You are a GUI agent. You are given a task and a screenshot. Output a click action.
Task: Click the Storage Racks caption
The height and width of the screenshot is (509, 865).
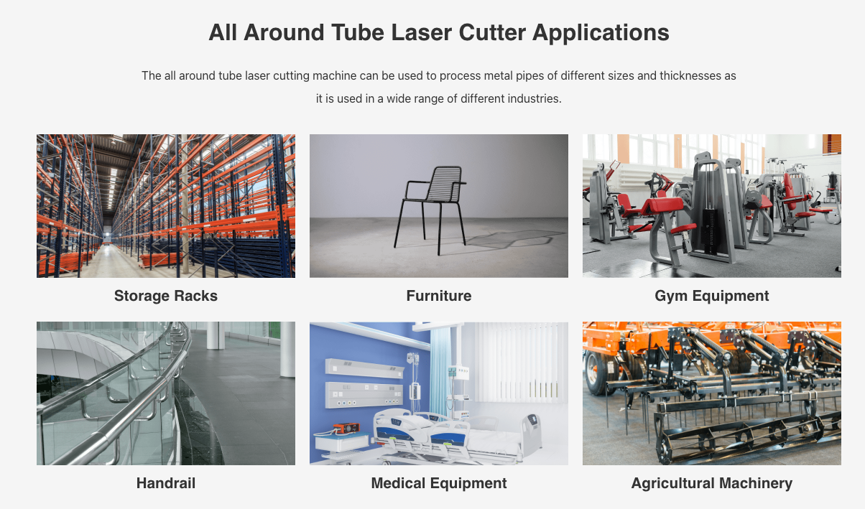click(166, 296)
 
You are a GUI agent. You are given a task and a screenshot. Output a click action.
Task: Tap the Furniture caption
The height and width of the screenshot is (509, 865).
click(439, 296)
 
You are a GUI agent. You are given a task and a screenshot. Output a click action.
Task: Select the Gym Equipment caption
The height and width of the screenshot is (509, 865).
click(712, 296)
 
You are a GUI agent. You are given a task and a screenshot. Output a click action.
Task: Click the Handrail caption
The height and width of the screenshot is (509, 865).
click(166, 483)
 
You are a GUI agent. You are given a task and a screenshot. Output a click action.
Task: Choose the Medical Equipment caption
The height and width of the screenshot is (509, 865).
click(439, 484)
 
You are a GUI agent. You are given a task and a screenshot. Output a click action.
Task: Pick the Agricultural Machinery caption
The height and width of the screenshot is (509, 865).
click(712, 484)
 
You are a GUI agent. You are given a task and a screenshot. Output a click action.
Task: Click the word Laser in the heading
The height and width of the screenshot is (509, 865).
click(421, 32)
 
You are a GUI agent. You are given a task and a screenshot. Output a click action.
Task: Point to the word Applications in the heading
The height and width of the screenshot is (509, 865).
click(601, 33)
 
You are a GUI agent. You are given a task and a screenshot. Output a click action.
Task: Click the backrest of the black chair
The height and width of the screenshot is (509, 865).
click(445, 184)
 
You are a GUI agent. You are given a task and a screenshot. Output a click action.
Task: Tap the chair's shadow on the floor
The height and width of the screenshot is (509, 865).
click(514, 239)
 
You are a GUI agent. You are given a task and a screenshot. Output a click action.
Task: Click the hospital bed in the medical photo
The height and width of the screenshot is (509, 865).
click(455, 434)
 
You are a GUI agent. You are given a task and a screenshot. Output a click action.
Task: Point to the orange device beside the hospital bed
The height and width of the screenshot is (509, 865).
click(346, 428)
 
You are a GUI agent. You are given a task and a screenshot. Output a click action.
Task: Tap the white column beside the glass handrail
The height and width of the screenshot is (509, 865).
click(287, 350)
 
